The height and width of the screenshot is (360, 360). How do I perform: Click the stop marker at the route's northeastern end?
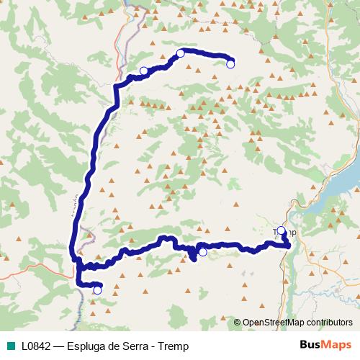click(x=230, y=64)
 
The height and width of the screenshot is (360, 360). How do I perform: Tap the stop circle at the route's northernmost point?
click(x=181, y=53)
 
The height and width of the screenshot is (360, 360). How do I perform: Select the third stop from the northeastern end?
click(x=143, y=71)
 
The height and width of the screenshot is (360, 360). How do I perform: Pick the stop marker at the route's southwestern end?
click(x=97, y=290)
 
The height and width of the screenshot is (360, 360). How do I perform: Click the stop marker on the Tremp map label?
click(x=281, y=231)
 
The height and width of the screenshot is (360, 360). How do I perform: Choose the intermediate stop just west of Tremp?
click(x=202, y=252)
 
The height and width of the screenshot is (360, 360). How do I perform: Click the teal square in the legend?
click(x=12, y=346)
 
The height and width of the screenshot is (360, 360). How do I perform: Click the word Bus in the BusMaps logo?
click(x=310, y=345)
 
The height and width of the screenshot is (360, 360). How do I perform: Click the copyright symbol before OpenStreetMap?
click(x=238, y=322)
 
